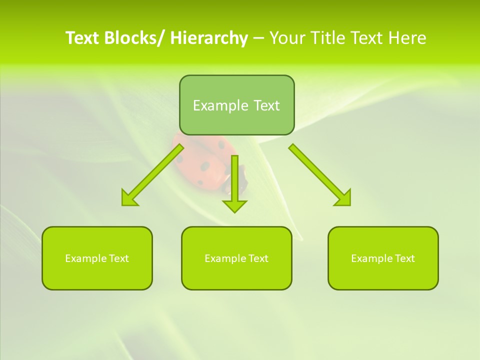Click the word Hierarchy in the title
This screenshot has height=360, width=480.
click(209, 38)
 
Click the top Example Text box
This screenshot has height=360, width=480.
click(236, 105)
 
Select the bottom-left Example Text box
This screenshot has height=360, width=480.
click(97, 258)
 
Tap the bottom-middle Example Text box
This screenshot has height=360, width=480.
click(236, 258)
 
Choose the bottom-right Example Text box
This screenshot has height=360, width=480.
click(383, 258)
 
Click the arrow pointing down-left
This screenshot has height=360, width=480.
click(155, 172)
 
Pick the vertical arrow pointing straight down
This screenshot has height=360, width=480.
click(234, 180)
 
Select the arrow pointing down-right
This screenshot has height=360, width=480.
click(317, 172)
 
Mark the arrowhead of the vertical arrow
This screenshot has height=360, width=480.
click(234, 205)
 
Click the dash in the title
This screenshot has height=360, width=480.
click(258, 38)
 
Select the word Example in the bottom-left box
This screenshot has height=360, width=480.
click(85, 258)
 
